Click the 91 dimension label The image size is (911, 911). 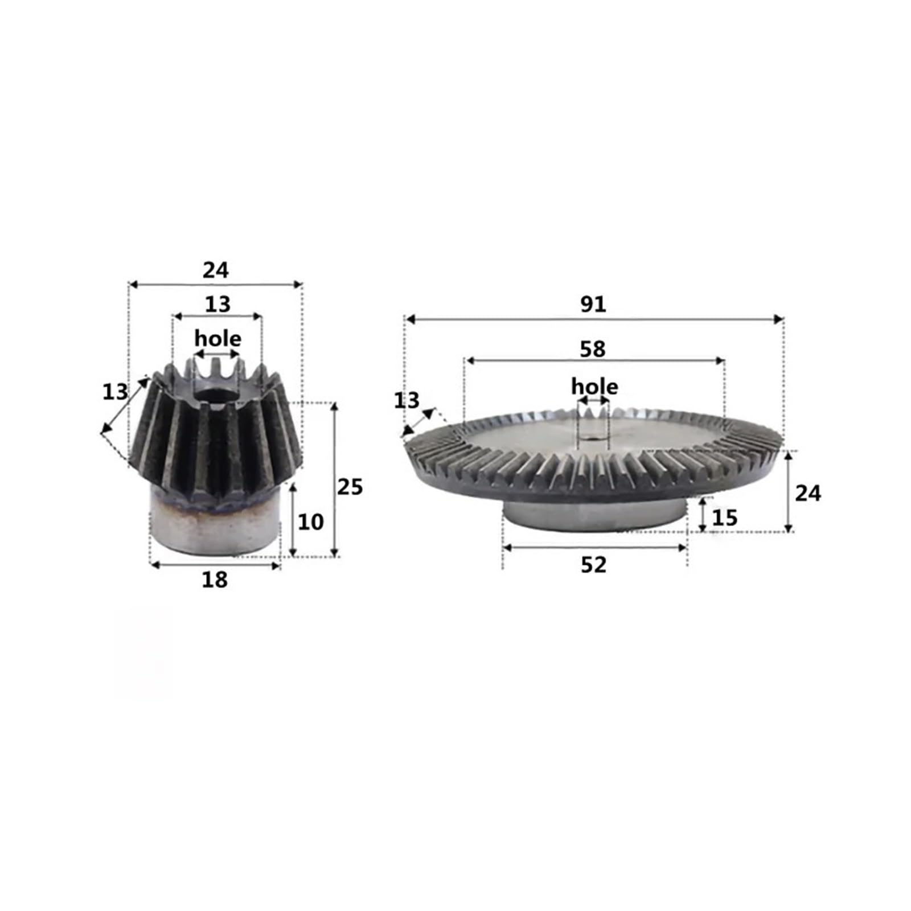[593, 305]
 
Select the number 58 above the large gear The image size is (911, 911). [593, 349]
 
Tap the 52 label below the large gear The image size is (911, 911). [594, 565]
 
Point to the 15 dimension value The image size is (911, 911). [725, 518]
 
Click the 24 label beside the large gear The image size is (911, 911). [808, 493]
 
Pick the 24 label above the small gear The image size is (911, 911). [216, 270]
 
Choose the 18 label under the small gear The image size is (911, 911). [215, 580]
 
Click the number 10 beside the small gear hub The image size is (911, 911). [311, 522]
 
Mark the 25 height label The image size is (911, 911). [350, 487]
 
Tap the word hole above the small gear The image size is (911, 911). [218, 339]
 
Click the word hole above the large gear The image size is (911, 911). [594, 387]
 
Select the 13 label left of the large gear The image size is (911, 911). [407, 401]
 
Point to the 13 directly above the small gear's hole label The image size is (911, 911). [218, 304]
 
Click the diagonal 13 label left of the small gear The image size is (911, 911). [115, 392]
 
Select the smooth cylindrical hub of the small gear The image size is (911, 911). [215, 527]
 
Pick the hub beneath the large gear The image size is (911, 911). [595, 515]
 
